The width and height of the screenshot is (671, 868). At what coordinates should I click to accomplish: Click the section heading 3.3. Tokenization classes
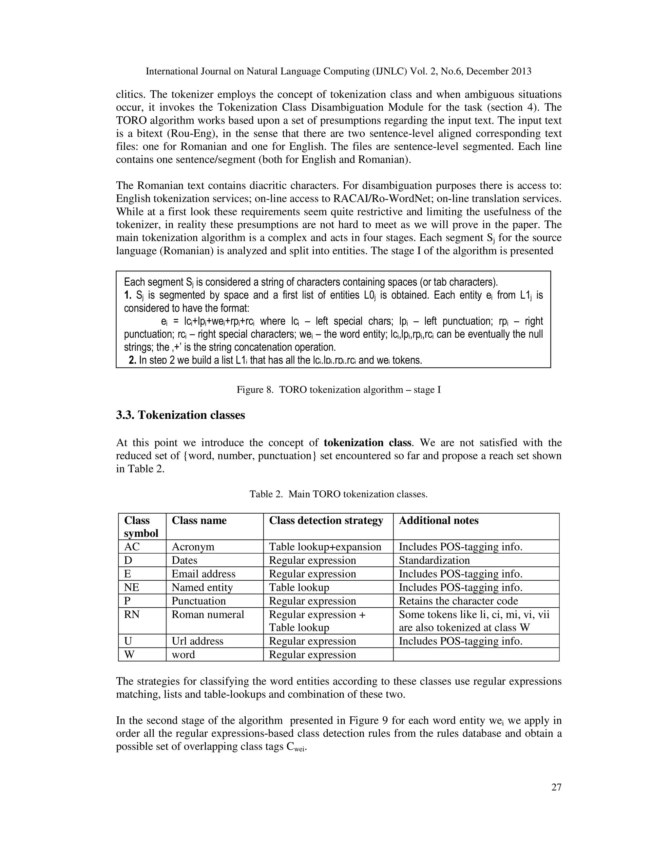[x=181, y=415]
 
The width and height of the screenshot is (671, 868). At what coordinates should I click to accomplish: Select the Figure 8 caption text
[x=338, y=389]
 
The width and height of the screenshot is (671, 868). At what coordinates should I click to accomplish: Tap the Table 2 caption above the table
[x=338, y=494]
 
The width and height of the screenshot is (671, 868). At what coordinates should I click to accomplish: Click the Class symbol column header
[x=141, y=527]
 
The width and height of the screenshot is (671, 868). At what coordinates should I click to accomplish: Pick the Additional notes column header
[x=438, y=521]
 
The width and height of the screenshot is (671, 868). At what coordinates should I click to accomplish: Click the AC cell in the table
[x=132, y=547]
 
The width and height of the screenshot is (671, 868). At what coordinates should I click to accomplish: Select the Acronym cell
[x=193, y=547]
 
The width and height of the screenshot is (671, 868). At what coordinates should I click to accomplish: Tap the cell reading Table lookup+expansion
[x=325, y=547]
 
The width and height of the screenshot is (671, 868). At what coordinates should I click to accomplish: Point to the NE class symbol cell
[x=132, y=587]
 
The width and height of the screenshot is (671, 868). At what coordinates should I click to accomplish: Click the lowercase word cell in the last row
[x=183, y=654]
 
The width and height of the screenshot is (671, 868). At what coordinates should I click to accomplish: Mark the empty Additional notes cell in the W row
[x=476, y=654]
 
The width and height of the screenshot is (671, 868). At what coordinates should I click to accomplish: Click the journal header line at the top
[x=338, y=71]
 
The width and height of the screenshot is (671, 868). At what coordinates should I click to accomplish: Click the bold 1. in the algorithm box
[x=128, y=295]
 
